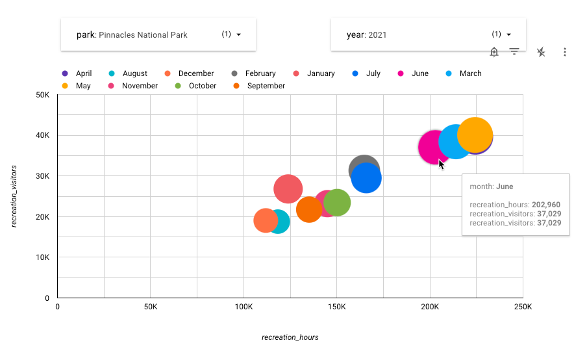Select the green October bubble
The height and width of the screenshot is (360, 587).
click(337, 203)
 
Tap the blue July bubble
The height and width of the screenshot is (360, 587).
click(366, 178)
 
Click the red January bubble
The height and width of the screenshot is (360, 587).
click(288, 189)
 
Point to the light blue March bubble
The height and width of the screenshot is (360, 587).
click(454, 142)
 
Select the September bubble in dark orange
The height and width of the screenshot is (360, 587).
click(308, 209)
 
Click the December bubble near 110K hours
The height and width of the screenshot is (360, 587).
click(264, 221)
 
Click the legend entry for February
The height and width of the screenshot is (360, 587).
click(260, 73)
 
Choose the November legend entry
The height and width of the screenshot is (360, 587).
click(140, 86)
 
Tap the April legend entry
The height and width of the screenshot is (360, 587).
click(84, 73)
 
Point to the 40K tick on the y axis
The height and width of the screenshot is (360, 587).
click(44, 135)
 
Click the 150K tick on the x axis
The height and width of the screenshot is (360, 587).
click(336, 307)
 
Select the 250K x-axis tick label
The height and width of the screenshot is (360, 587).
click(522, 307)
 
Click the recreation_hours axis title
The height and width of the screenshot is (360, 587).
click(290, 337)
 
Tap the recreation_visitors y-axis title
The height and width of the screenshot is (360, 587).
click(14, 196)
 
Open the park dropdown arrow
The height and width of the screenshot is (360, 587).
click(239, 34)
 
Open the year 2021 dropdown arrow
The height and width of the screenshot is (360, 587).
click(509, 34)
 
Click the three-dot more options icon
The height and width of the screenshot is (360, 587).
click(565, 52)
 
